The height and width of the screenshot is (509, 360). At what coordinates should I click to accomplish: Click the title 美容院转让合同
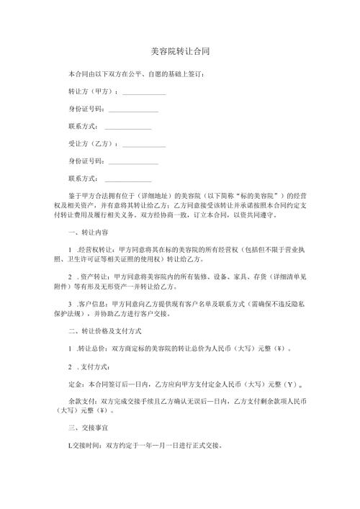pyautogui.click(x=180, y=53)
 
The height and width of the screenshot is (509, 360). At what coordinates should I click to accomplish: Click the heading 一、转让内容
pyautogui.click(x=88, y=232)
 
